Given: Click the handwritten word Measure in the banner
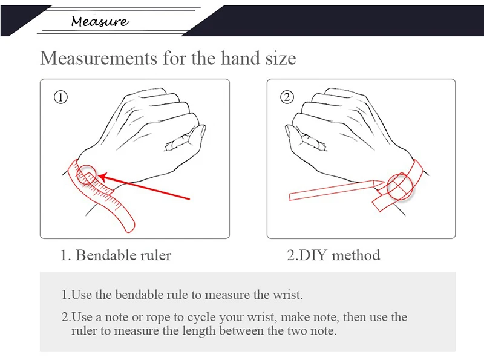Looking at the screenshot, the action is pos(100,21).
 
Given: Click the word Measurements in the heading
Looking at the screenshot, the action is pos(99,58).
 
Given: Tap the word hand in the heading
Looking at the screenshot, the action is pos(240,58).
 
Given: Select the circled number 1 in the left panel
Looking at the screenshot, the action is pos(60,97).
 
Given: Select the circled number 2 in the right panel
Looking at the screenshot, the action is pos(287,97).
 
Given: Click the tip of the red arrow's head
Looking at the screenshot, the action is pos(98,177).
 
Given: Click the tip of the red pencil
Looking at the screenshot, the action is pos(384,182).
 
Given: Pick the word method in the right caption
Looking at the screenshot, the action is pos(356,255).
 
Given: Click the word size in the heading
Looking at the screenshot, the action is pos(281,58).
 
